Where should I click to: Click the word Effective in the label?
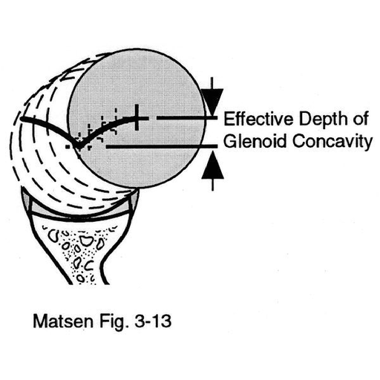pos(259,119)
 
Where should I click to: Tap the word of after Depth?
pos(361,119)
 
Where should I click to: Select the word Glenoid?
pos(255,141)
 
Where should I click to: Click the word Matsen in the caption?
pos(63,321)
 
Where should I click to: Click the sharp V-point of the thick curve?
pos(79,148)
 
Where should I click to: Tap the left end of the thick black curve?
pos(22,119)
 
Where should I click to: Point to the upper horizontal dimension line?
pos(187,118)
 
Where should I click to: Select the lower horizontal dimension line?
pos(162,147)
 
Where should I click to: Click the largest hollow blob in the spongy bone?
pos(86,240)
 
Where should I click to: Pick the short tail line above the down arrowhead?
pos(212,83)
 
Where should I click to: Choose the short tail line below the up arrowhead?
pos(212,185)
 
